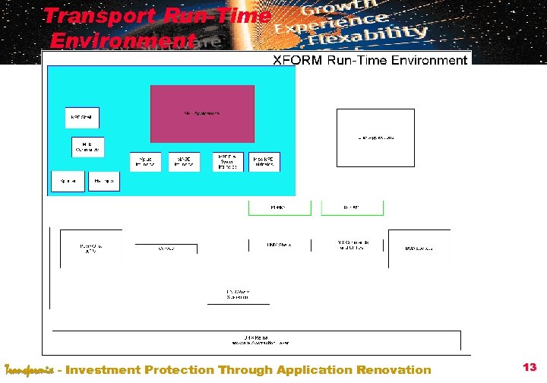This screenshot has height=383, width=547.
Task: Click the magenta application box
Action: tap(202, 113)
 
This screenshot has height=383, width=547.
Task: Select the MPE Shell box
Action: tap(81, 118)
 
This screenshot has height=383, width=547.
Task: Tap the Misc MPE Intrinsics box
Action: tap(264, 162)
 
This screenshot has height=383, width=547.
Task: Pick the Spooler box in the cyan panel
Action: tap(68, 181)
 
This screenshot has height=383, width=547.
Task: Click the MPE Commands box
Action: tap(88, 147)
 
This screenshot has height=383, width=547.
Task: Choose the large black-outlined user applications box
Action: tap(375, 138)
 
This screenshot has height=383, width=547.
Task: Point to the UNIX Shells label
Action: tap(279, 245)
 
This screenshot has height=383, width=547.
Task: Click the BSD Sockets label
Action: tap(419, 248)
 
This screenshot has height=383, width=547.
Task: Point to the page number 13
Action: tap(530, 368)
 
